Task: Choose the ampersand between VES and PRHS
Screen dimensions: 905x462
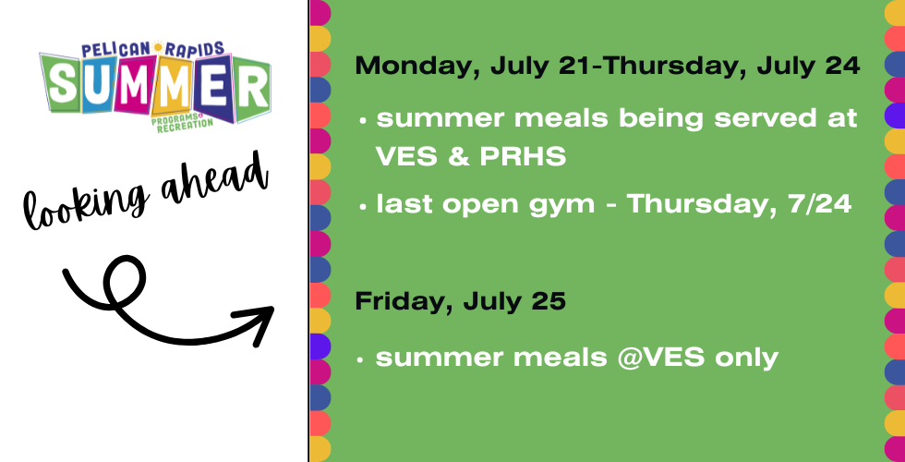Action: click(458, 157)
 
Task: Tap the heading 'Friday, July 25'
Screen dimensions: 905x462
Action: click(460, 301)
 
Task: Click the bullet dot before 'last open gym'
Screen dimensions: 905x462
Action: click(362, 207)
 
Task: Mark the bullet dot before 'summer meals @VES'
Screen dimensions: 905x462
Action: click(360, 359)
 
